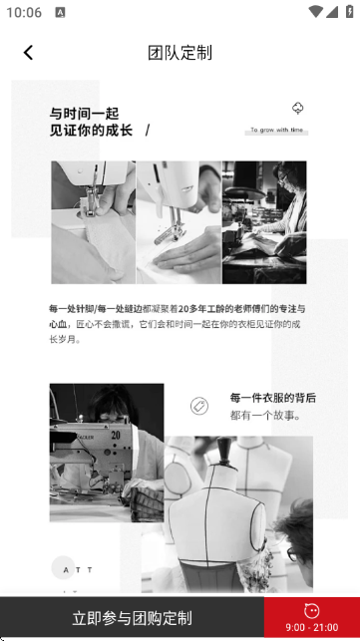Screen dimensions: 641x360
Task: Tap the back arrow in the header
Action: (x=28, y=53)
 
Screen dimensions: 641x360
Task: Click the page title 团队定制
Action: (x=180, y=53)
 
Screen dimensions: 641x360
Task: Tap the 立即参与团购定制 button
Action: (x=132, y=618)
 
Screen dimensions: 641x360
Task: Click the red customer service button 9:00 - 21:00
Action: (x=311, y=618)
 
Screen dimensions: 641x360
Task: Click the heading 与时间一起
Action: (x=84, y=113)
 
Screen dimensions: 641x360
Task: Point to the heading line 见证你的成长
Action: (x=91, y=131)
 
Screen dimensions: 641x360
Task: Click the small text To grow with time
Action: (x=276, y=130)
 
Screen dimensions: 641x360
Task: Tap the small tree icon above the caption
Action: (x=296, y=109)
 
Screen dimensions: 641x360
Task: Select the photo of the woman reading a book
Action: (x=264, y=222)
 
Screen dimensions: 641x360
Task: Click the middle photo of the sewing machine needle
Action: (x=179, y=222)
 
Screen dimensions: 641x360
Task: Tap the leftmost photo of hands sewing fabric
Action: (x=93, y=222)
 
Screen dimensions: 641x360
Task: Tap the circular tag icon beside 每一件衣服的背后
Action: (x=198, y=406)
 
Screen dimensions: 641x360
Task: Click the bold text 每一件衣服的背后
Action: (x=272, y=398)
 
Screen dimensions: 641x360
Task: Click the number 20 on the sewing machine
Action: (x=116, y=435)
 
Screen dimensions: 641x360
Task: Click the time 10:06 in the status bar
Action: (x=24, y=12)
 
